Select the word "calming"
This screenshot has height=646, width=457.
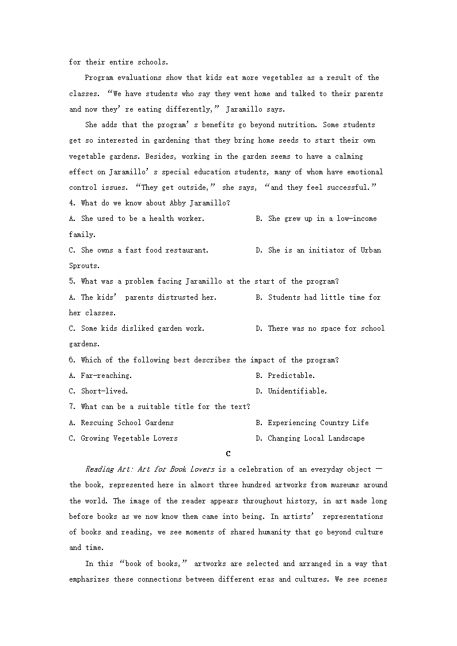tap(349, 156)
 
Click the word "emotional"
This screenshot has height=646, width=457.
tap(363, 171)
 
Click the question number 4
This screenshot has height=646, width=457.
tap(72, 203)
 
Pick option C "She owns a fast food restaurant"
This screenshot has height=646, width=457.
tap(139, 250)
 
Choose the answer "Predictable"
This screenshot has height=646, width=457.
tap(291, 376)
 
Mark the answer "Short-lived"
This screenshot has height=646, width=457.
tap(104, 391)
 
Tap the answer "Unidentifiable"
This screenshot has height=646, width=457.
tap(297, 391)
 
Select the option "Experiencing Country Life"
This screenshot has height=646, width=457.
tap(318, 423)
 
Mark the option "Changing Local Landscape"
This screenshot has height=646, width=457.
tap(316, 438)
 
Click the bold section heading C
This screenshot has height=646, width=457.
tap(228, 454)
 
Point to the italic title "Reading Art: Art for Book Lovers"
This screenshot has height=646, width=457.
tap(150, 469)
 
